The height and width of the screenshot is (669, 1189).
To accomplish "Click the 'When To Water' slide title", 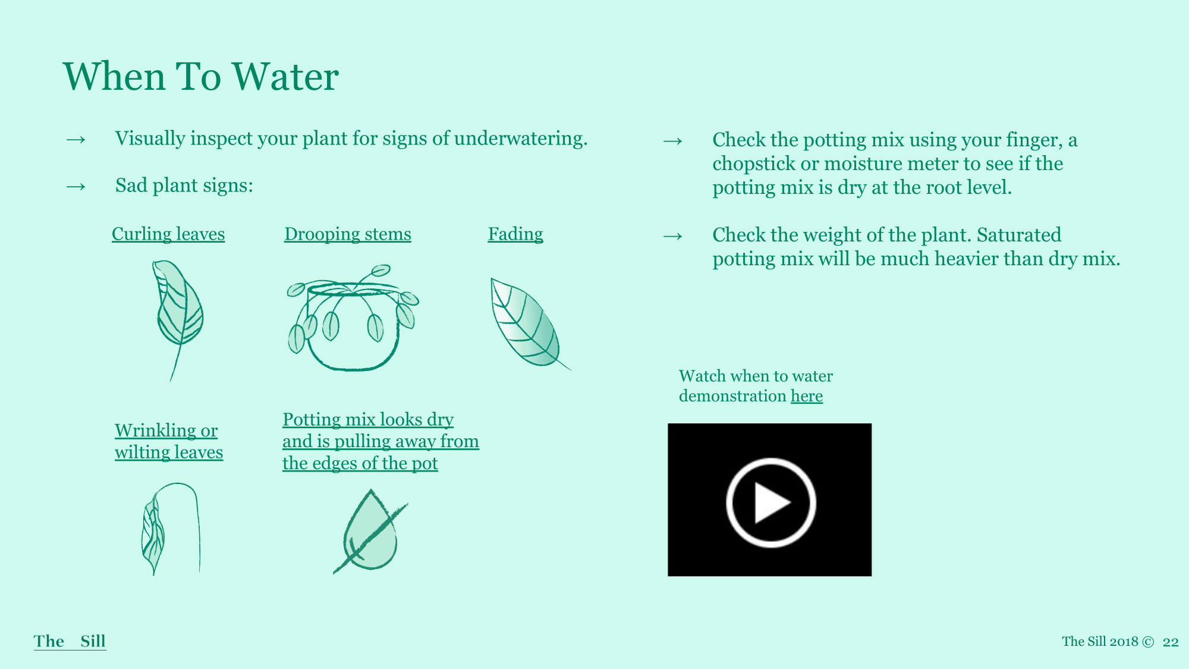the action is [x=201, y=76].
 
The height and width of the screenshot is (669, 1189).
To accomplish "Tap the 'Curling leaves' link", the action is [x=168, y=234].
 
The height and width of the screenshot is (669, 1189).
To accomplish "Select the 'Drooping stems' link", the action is [x=348, y=234].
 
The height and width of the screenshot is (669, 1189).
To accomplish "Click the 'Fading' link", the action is [x=515, y=234].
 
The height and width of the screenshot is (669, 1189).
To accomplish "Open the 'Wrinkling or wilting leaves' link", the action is [x=169, y=441].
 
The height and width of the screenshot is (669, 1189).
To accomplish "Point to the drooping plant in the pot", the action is [x=353, y=318].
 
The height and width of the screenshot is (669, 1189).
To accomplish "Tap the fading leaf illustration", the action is [x=526, y=323].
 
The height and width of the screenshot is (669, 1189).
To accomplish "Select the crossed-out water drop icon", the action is [x=370, y=531].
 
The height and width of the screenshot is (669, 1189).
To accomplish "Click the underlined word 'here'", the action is [x=807, y=396].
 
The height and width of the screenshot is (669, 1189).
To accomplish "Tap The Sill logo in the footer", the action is [x=70, y=641].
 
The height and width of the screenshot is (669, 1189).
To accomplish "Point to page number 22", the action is [x=1171, y=642].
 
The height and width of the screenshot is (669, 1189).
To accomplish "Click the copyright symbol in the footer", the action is [x=1148, y=642].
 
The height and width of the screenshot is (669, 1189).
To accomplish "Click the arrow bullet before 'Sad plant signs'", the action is [x=76, y=187].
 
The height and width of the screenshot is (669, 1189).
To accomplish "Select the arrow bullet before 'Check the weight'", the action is [x=673, y=237].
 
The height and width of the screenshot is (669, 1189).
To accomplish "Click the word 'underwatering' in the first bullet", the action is [x=521, y=139].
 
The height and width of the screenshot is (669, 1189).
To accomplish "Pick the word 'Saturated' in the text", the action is [x=1019, y=235].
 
